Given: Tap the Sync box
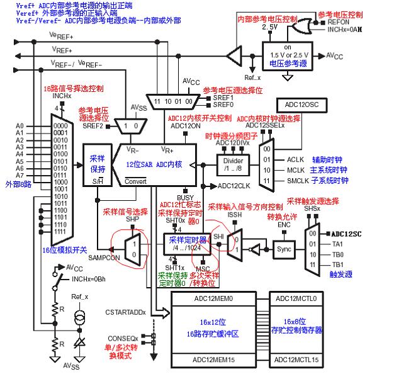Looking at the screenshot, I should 284,249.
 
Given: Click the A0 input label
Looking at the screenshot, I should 20,125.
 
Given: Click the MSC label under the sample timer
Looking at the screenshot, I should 203,268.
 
